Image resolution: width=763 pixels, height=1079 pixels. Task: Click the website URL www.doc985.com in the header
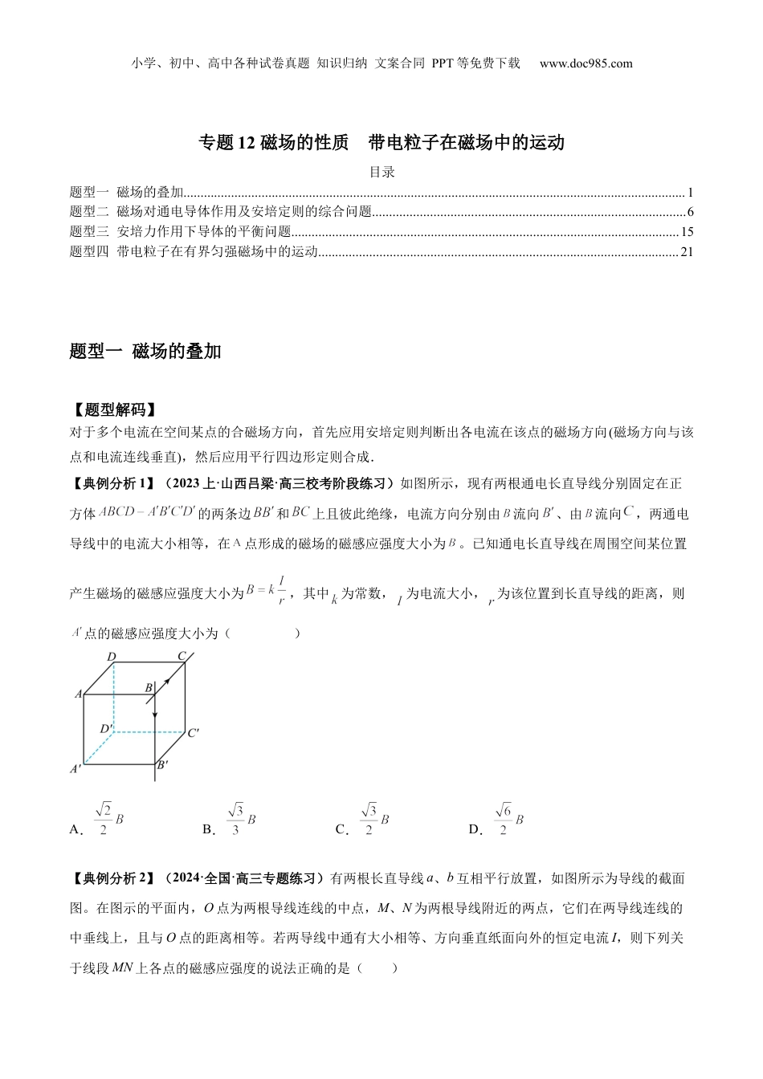click(x=586, y=63)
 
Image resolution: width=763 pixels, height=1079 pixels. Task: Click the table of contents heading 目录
click(x=381, y=172)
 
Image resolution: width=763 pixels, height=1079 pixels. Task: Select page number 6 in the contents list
click(x=690, y=213)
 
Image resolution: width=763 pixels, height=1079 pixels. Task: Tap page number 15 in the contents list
click(x=687, y=233)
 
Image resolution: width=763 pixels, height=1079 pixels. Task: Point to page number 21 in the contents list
click(x=687, y=252)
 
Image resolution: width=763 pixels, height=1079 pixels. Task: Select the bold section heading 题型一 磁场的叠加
click(x=145, y=351)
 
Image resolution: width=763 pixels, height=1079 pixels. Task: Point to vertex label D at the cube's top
click(x=112, y=658)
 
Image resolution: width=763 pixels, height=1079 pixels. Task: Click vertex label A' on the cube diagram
click(x=76, y=768)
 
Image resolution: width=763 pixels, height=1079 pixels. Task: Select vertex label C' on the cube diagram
click(x=194, y=732)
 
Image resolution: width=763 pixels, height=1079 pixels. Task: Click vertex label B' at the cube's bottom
click(x=162, y=765)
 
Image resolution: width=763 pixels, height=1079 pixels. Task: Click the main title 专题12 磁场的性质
click(x=273, y=143)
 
